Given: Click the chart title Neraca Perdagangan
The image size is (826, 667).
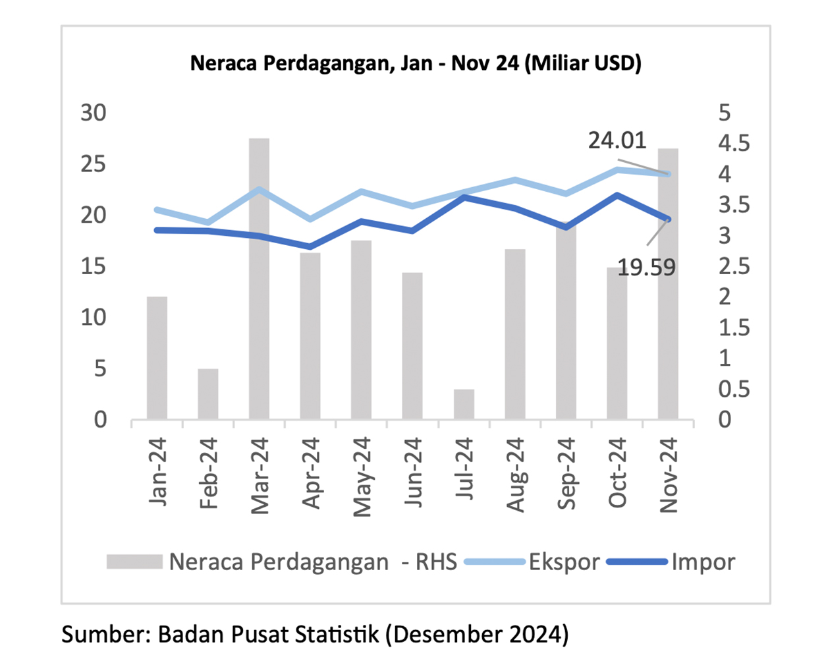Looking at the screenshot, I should (x=415, y=63).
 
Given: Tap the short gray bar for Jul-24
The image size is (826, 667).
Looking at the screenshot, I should (x=464, y=404).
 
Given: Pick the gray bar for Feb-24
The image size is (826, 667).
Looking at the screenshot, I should (x=208, y=393).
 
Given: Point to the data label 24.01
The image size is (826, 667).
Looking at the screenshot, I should (x=617, y=140).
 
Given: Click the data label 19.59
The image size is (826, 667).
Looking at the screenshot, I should (x=646, y=268).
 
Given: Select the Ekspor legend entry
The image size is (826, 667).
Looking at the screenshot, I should (x=563, y=562).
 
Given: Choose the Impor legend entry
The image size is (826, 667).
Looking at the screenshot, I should (x=702, y=562).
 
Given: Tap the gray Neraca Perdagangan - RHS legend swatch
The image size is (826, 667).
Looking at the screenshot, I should (x=134, y=562).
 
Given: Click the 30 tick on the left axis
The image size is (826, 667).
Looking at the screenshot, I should (x=94, y=113).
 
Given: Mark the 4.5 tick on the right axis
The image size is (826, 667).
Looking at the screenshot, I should (x=734, y=144).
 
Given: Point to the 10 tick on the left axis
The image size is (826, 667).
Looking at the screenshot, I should (x=94, y=317).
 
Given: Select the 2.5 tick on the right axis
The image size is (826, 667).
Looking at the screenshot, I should (x=734, y=266).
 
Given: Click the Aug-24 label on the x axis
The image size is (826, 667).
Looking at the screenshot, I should (x=515, y=475).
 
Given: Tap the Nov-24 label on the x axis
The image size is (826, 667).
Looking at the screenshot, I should (x=669, y=475).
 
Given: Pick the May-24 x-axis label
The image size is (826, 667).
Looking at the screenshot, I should (x=362, y=476).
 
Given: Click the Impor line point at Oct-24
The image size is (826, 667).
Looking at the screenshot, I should (x=617, y=195).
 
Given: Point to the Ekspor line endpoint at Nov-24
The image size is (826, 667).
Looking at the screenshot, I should (x=668, y=174).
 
